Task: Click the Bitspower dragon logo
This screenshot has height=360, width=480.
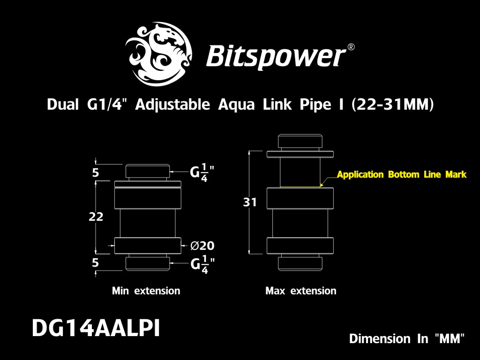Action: pyautogui.click(x=159, y=53)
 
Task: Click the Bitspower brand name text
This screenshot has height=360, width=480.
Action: pyautogui.click(x=276, y=56)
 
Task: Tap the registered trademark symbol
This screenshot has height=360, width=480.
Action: pyautogui.click(x=351, y=47)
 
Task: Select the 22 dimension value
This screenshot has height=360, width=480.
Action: pyautogui.click(x=96, y=217)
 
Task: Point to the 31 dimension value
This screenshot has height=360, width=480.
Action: pyautogui.click(x=250, y=202)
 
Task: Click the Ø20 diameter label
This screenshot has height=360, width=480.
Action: pyautogui.click(x=202, y=246)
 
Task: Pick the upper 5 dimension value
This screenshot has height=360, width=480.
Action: pyautogui.click(x=96, y=173)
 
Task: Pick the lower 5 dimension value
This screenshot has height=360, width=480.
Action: pyautogui.click(x=96, y=262)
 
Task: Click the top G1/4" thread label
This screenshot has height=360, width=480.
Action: pyautogui.click(x=202, y=172)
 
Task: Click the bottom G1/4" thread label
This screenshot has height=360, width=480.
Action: pyautogui.click(x=202, y=264)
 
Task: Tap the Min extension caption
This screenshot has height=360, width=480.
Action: pyautogui.click(x=146, y=291)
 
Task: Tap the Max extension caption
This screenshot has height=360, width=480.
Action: pyautogui.click(x=300, y=291)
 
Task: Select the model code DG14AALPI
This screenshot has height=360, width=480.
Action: pyautogui.click(x=96, y=329)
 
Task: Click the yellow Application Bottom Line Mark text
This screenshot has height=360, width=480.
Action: pyautogui.click(x=402, y=174)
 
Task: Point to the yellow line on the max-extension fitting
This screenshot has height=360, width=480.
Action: pyautogui.click(x=300, y=187)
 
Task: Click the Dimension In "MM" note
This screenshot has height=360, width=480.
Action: pyautogui.click(x=407, y=338)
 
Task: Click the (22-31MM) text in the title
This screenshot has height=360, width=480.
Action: pyautogui.click(x=393, y=105)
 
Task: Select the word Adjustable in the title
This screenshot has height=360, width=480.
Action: pyautogui.click(x=172, y=105)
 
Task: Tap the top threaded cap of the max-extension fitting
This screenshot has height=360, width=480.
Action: pyautogui.click(x=300, y=142)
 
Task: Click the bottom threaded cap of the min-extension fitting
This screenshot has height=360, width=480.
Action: pyautogui.click(x=147, y=263)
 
